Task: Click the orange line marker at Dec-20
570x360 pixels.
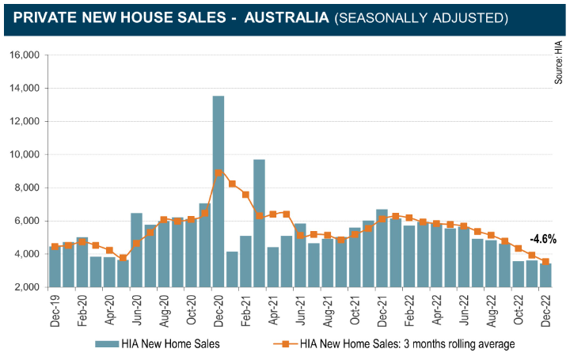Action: click(218, 172)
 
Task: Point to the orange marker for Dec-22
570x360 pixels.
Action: click(545, 262)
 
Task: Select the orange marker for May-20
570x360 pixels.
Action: click(123, 258)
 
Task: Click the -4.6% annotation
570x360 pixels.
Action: click(542, 238)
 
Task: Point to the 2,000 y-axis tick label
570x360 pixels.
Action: click(27, 287)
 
